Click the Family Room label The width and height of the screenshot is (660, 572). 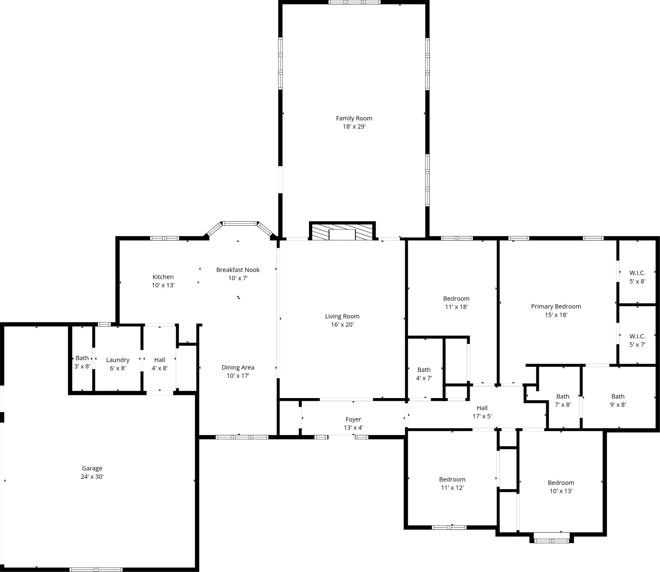pyautogui.click(x=354, y=118)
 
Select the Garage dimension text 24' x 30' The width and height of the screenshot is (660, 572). pyautogui.click(x=92, y=477)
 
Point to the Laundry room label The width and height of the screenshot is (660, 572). pyautogui.click(x=118, y=360)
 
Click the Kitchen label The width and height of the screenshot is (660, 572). pyautogui.click(x=163, y=277)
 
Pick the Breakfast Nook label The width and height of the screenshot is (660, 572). pyautogui.click(x=238, y=270)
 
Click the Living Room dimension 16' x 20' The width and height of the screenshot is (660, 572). pyautogui.click(x=342, y=325)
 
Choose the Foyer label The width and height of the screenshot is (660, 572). pyautogui.click(x=353, y=419)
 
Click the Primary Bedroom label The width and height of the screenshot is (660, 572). pyautogui.click(x=556, y=307)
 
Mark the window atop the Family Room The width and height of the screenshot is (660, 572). pyautogui.click(x=354, y=2)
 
